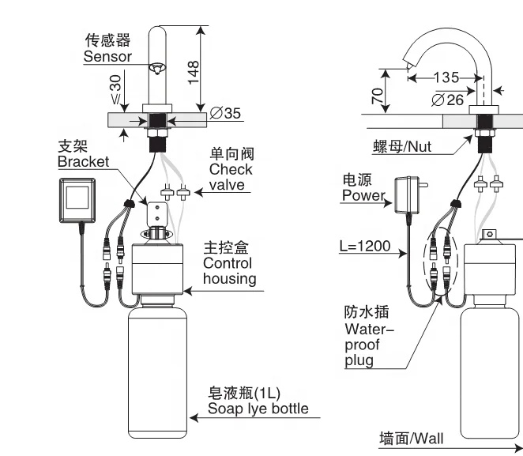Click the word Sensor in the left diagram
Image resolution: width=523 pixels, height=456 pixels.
tap(107, 56)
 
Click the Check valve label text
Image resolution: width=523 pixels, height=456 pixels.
tap(231, 169)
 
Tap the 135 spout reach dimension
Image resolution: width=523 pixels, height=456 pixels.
tap(447, 77)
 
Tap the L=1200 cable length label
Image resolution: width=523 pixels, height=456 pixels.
tap(364, 246)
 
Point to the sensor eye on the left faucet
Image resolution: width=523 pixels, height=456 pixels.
tap(158, 69)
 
